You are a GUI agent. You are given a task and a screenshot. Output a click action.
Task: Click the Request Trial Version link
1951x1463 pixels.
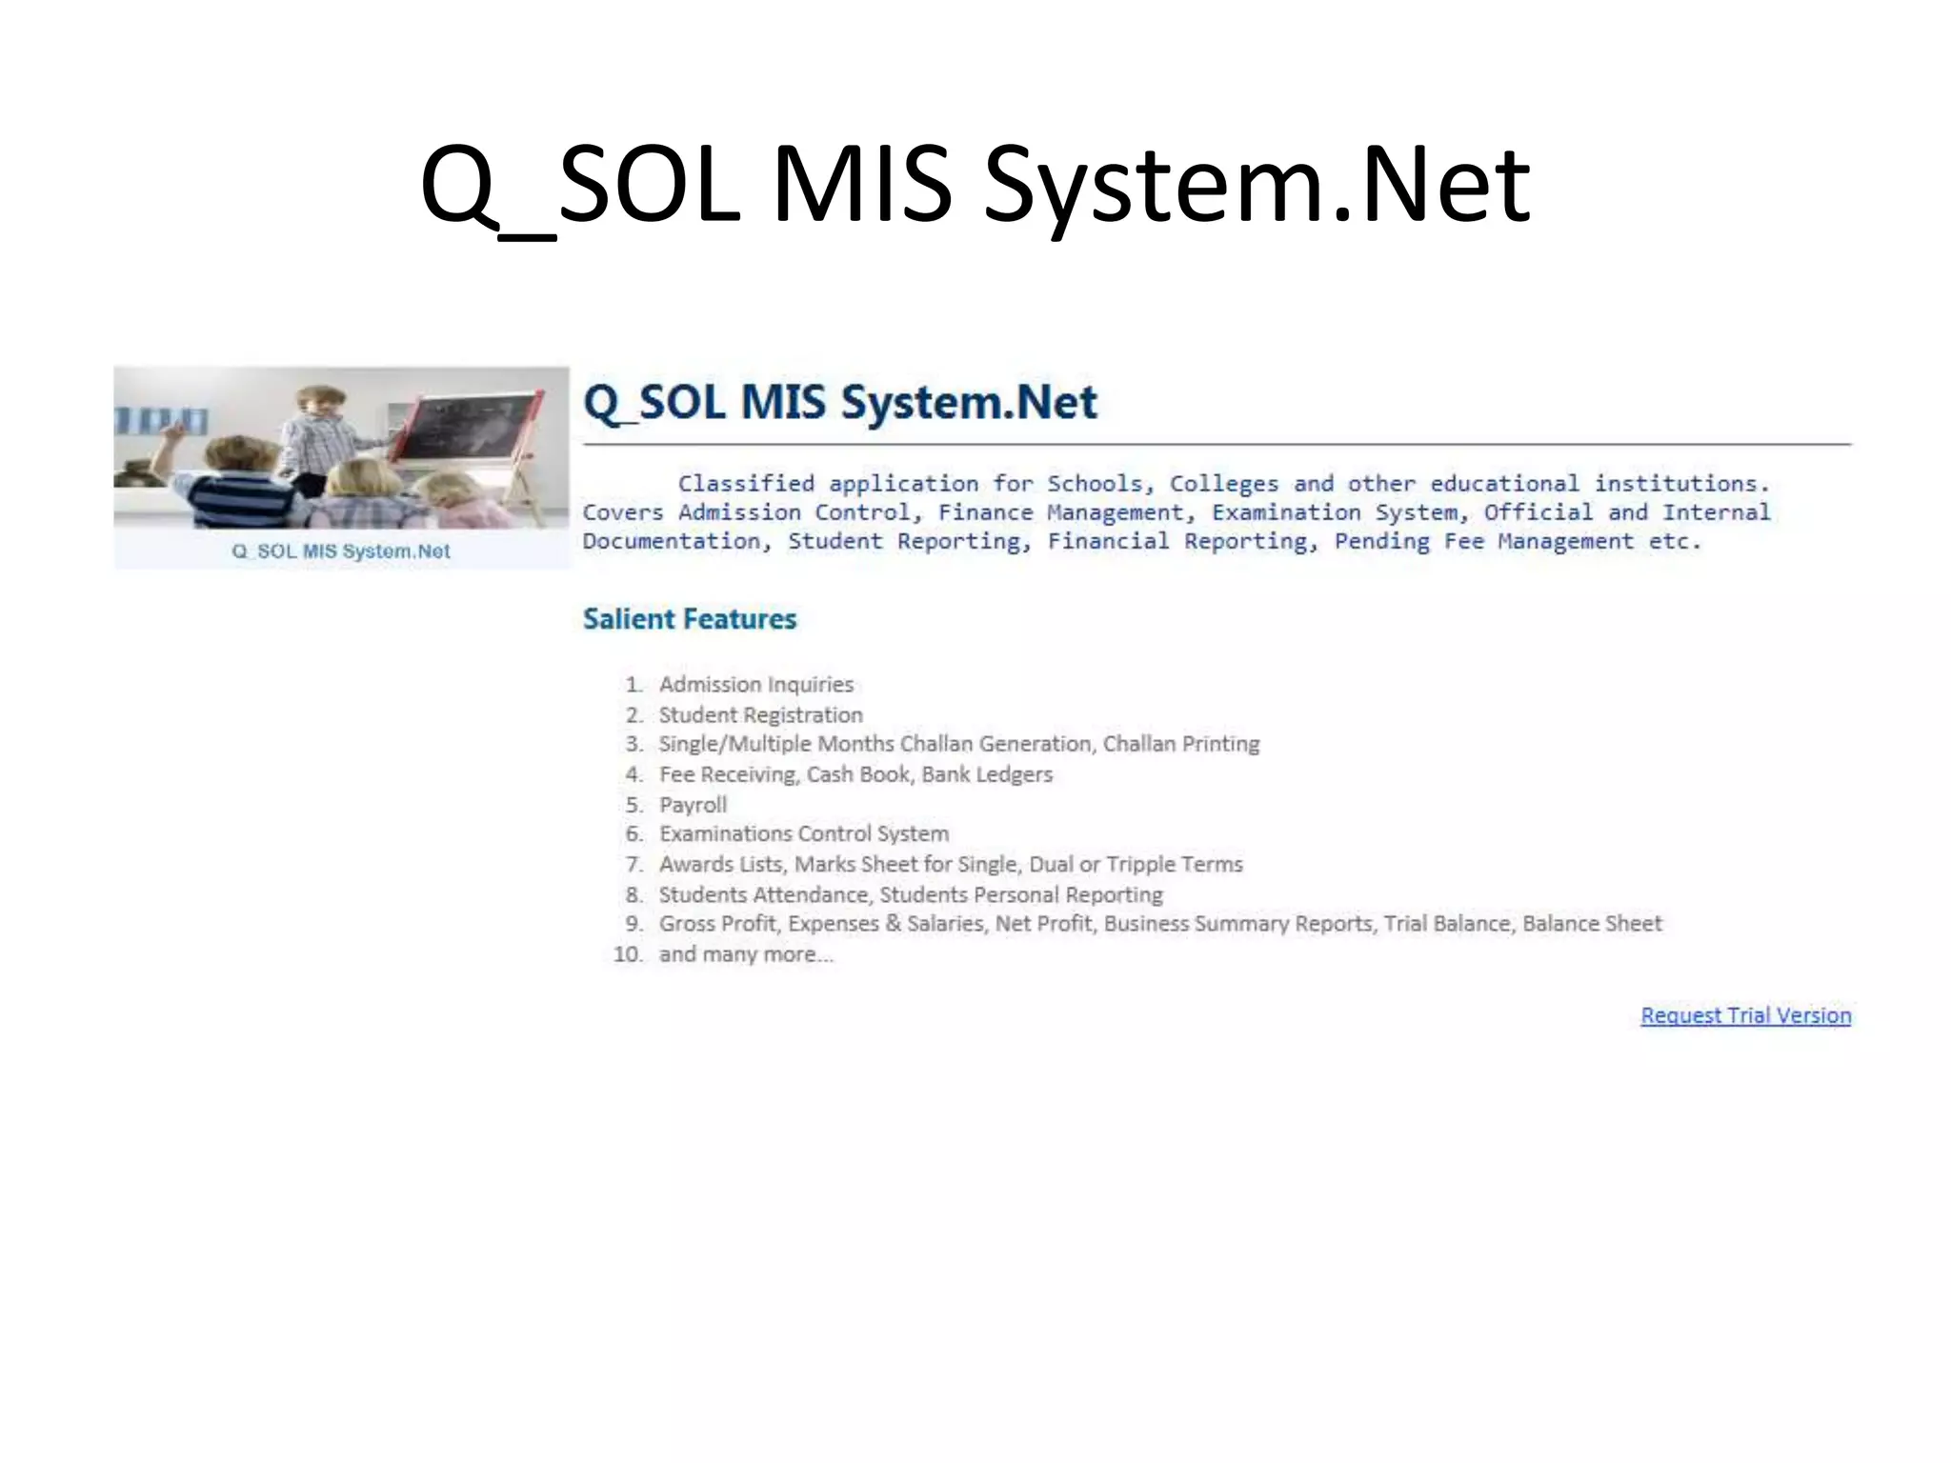1745,1015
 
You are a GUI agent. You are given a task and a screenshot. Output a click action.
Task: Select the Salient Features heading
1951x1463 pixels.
690,619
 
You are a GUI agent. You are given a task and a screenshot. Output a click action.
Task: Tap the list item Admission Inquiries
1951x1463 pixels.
756,685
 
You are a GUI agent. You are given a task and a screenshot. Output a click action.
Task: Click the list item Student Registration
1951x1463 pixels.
760,715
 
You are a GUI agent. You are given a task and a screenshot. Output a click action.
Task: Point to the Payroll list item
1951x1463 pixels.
693,805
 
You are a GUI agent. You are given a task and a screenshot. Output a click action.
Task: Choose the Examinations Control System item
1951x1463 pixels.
804,834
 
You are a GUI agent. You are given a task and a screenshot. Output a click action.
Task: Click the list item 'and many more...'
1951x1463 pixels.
746,954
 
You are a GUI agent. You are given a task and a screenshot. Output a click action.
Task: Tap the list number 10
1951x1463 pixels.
629,954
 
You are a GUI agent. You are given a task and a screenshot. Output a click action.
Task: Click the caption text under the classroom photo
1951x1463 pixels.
341,551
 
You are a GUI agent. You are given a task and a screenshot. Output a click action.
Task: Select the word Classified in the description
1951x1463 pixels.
746,484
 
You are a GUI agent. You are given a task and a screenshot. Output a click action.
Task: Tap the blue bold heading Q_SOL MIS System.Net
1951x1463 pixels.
839,402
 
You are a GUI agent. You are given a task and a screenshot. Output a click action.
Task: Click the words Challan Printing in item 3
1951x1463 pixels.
1180,744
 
